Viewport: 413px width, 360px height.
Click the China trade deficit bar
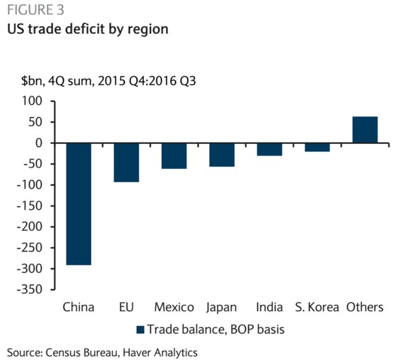[78, 204]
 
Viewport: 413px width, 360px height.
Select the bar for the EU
[126, 163]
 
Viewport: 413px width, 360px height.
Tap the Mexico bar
[174, 155]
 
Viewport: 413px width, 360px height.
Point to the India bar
[269, 149]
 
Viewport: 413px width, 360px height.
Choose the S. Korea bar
[317, 147]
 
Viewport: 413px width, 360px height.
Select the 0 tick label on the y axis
[38, 143]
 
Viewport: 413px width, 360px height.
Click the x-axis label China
[78, 306]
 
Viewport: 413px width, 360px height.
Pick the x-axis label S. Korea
[317, 306]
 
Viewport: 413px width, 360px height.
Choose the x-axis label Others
[365, 306]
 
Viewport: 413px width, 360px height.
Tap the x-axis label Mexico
[174, 306]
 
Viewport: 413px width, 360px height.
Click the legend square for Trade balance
[140, 330]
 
